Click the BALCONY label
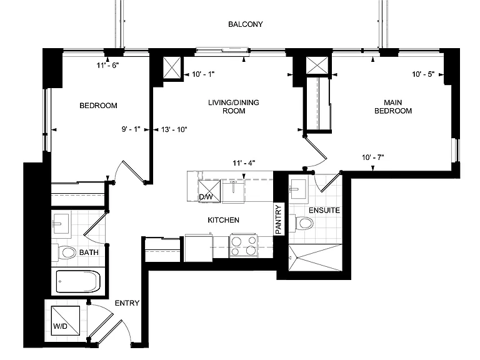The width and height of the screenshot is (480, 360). (x=246, y=24)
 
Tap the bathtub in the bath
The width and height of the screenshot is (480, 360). (x=78, y=282)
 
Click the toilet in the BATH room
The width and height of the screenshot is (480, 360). (x=65, y=253)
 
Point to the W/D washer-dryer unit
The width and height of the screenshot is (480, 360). (x=66, y=321)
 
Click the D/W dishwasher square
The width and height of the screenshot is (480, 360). (x=209, y=191)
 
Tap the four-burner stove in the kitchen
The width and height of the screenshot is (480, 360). (x=244, y=246)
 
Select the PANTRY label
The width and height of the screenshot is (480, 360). (x=278, y=219)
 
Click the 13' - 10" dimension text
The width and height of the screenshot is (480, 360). (x=174, y=129)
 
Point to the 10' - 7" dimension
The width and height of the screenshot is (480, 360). (x=373, y=157)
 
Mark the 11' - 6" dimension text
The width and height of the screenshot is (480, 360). (x=107, y=65)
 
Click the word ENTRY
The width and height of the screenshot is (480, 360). (x=127, y=303)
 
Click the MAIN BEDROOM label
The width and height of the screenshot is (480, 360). (x=393, y=106)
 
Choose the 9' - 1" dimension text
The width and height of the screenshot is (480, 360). (x=131, y=129)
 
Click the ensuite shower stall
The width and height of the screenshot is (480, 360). (x=315, y=257)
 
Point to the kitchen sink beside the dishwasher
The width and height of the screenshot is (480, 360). (x=233, y=191)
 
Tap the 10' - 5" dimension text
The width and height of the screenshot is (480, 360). (x=423, y=74)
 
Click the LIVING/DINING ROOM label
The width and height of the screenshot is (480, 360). (x=234, y=106)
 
